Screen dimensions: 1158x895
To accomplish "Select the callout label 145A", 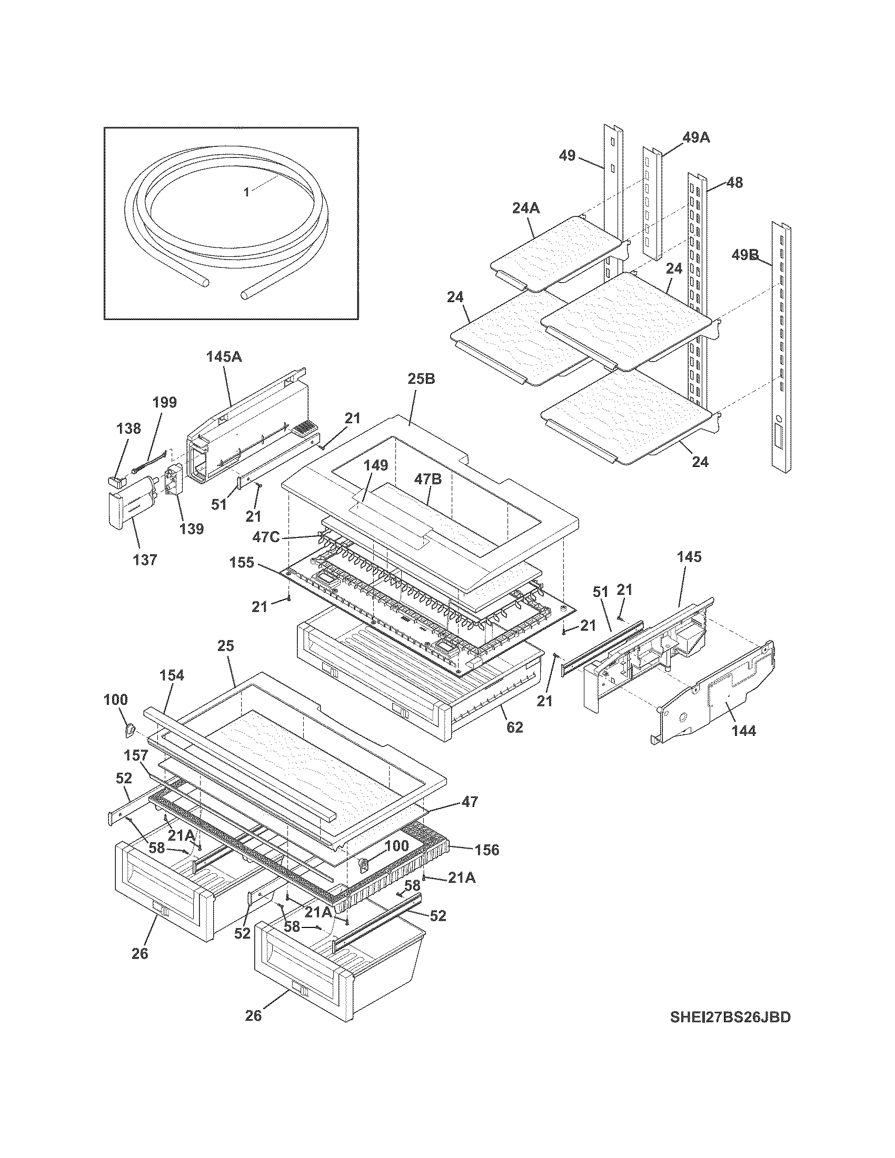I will (x=224, y=357).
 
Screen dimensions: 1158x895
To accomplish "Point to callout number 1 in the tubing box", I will (x=246, y=192).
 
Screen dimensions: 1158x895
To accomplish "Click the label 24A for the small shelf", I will (x=525, y=208).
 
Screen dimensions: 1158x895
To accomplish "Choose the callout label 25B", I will (x=422, y=379).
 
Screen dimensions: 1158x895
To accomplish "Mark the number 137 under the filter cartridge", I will (x=145, y=560).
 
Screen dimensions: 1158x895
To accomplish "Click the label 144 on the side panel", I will (x=743, y=731).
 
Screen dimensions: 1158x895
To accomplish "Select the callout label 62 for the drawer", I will (x=514, y=727).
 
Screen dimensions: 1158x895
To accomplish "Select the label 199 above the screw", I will (x=164, y=403).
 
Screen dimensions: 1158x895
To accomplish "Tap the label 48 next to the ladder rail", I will (x=734, y=183).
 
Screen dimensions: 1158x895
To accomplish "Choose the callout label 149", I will (x=375, y=465).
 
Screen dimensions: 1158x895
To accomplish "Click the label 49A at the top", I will (x=695, y=138).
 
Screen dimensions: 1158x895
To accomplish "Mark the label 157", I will (x=136, y=754).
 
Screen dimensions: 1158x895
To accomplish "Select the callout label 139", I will (x=192, y=528).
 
